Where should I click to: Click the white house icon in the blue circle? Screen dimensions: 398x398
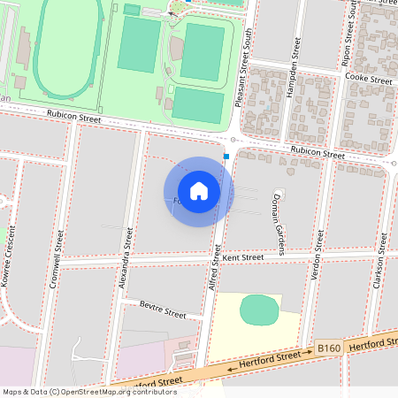(199, 191)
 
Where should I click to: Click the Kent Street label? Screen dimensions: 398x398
(243, 257)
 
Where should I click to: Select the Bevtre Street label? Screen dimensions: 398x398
(163, 310)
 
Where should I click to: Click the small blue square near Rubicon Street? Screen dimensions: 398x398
(226, 157)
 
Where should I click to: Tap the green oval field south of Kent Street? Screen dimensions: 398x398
(259, 310)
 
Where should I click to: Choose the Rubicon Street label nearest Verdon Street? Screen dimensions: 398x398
(318, 153)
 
